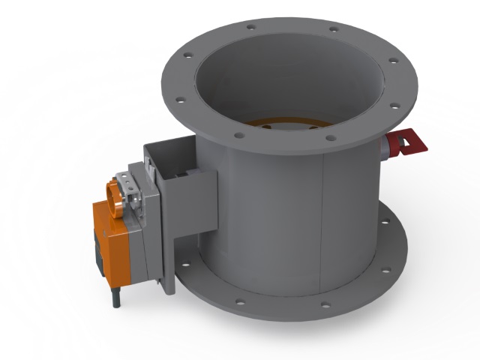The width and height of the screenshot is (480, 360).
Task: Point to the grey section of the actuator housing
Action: pyautogui.click(x=142, y=225)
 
